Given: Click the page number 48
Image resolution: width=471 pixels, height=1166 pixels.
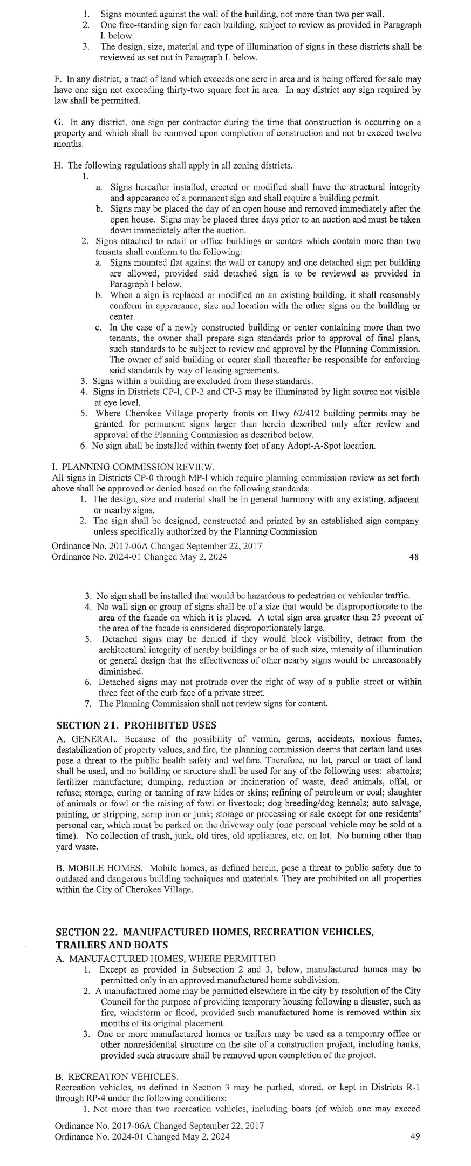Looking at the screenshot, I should tap(414, 557).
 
